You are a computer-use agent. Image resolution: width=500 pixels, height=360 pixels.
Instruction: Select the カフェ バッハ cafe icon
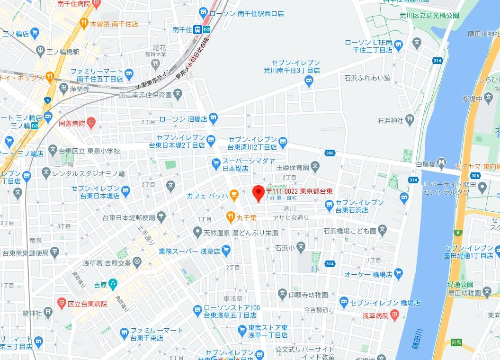coord(233,194)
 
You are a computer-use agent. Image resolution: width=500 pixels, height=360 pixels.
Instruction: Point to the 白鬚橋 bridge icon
coord(441,162)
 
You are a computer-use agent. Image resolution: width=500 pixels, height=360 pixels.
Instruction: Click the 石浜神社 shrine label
coord(391,120)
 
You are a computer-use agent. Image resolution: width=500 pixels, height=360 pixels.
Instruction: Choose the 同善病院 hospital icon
coord(92,123)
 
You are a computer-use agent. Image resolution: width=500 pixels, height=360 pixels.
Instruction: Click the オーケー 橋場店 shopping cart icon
coord(399,273)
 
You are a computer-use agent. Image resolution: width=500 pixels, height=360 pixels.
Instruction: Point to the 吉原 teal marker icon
coord(113,285)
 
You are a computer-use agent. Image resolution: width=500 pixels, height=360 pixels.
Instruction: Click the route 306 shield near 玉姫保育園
coord(330,153)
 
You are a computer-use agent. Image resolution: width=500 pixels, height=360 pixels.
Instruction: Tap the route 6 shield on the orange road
coord(458,232)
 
